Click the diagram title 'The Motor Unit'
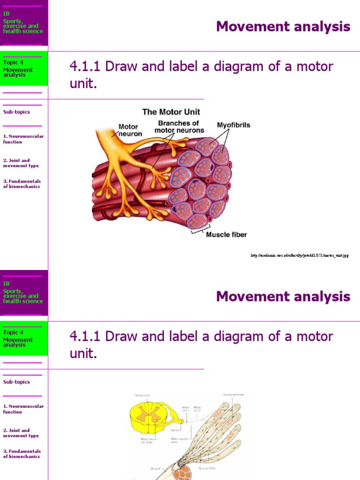tap(171, 112)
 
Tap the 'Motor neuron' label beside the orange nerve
tap(128, 130)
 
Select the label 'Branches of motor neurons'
tap(179, 127)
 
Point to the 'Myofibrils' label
tap(233, 125)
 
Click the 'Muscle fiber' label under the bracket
tap(226, 234)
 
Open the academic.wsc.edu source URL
tap(300, 255)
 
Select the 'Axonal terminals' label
tap(233, 395)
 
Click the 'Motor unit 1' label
tap(186, 409)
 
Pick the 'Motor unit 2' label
tap(197, 409)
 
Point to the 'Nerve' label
tap(176, 430)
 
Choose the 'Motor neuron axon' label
tap(179, 441)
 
